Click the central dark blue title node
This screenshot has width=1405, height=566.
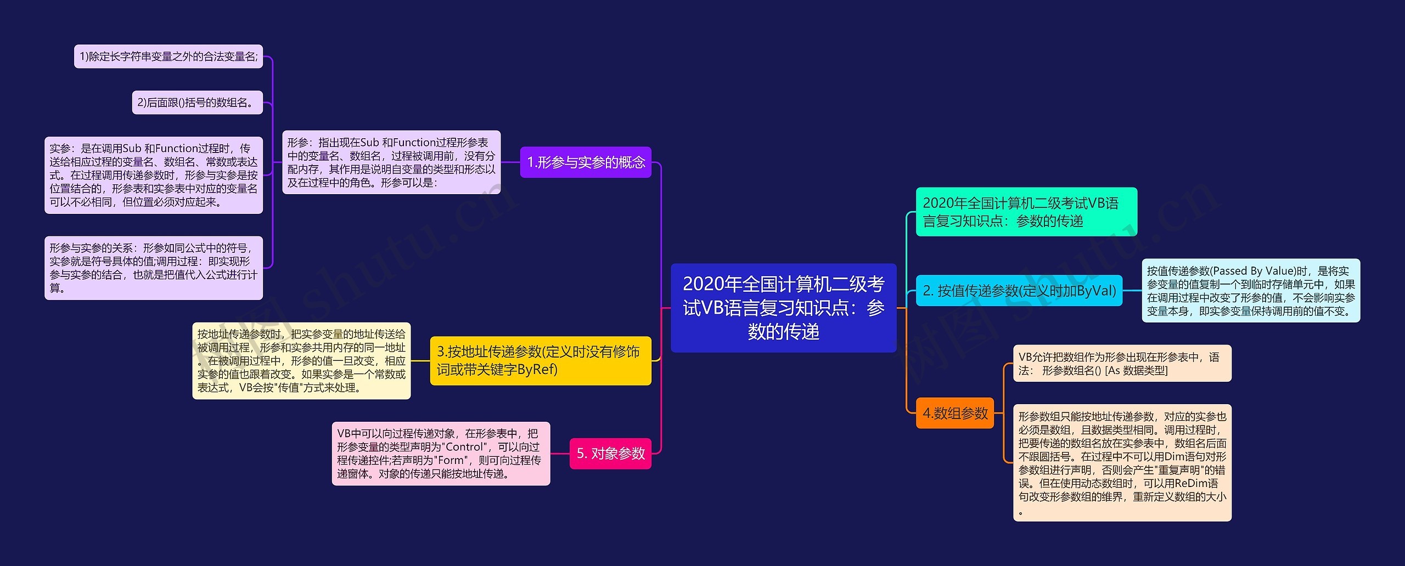click(x=783, y=308)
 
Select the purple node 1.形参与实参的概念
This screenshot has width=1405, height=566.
click(x=586, y=162)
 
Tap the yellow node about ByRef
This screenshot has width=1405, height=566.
click(x=540, y=360)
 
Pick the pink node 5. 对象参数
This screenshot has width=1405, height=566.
click(x=610, y=454)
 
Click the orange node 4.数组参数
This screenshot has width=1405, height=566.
click(x=955, y=413)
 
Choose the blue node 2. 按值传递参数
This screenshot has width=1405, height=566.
click(x=1019, y=291)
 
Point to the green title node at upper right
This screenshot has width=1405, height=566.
click(x=1026, y=212)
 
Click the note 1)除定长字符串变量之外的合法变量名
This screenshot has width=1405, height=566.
click(x=168, y=56)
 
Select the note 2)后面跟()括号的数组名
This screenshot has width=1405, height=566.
click(x=197, y=103)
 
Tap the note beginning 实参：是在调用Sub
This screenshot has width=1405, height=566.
click(x=154, y=175)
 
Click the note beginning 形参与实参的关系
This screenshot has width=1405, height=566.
click(x=154, y=268)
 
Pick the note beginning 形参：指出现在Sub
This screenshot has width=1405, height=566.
click(x=391, y=162)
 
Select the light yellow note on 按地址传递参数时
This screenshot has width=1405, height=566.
click(x=301, y=360)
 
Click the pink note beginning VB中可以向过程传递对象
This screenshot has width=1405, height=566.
click(x=441, y=454)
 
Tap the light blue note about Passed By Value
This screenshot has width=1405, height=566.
click(x=1251, y=291)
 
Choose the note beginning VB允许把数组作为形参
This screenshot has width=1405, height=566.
click(x=1122, y=364)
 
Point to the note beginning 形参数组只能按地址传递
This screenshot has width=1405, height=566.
click(x=1122, y=463)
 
